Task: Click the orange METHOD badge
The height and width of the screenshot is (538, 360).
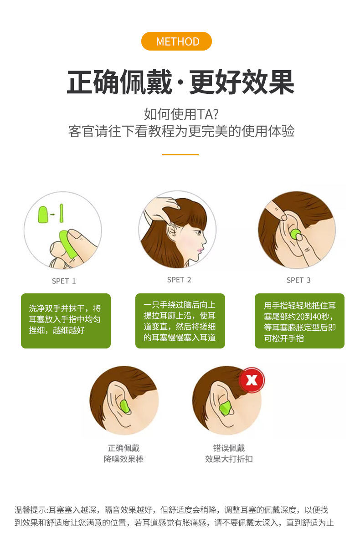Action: tap(176, 41)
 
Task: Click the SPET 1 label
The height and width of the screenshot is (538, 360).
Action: tap(64, 281)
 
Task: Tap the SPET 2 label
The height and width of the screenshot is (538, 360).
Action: tap(179, 280)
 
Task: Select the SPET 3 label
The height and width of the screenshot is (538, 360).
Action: tap(298, 280)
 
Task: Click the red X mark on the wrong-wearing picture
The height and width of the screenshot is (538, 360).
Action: tap(252, 379)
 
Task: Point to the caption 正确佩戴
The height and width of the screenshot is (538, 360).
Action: tap(123, 448)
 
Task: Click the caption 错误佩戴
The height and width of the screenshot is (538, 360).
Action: tap(229, 448)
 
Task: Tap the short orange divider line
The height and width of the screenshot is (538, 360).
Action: tap(180, 154)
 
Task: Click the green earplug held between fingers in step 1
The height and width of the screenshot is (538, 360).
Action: tap(68, 244)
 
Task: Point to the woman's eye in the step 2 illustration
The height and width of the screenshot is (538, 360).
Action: tap(198, 233)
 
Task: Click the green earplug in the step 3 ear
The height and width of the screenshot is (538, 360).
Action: tap(295, 235)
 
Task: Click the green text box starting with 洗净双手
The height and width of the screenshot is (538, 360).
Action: tap(66, 321)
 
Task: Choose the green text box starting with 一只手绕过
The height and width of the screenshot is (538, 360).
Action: tap(180, 321)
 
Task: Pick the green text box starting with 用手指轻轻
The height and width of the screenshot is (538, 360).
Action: tap(299, 321)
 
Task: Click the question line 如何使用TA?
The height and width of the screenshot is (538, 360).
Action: tap(181, 114)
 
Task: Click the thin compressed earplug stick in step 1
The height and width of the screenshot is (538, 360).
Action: tap(62, 213)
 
